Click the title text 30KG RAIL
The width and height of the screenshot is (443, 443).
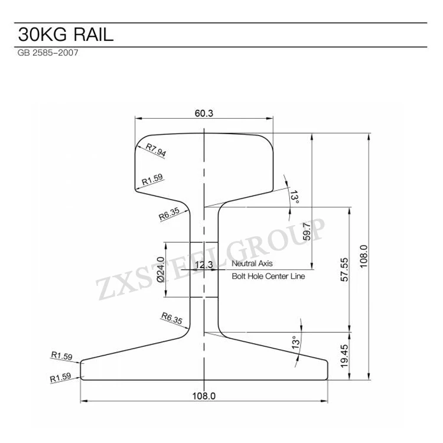[x=64, y=34]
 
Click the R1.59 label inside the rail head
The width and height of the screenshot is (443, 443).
[x=152, y=178]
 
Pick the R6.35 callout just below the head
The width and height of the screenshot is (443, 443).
[x=170, y=213]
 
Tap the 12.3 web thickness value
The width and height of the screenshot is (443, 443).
[x=203, y=265]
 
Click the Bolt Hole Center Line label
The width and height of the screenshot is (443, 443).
[x=268, y=275]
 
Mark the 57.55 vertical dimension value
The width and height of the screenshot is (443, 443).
[x=344, y=271]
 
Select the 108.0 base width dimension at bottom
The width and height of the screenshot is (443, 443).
[x=204, y=395]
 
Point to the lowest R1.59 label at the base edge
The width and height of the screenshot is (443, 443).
[x=61, y=377]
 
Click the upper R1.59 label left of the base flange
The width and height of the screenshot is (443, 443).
[x=61, y=356]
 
